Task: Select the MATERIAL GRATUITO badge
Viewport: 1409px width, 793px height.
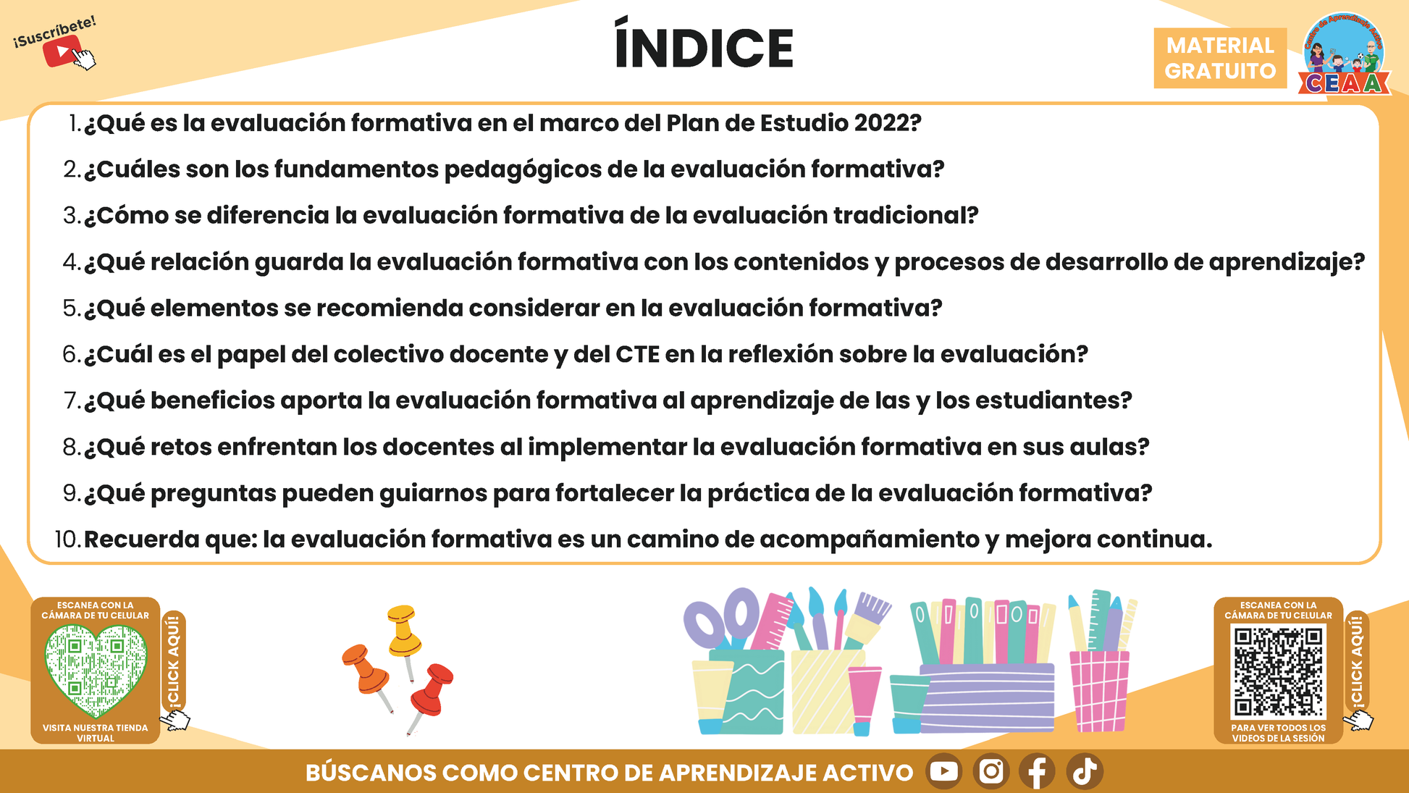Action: tap(1220, 58)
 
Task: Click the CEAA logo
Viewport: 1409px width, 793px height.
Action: tap(1344, 54)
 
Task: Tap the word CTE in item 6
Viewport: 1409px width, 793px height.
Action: tap(637, 354)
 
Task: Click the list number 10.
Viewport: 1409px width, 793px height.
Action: tap(67, 540)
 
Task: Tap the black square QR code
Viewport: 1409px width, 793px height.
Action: tap(1278, 671)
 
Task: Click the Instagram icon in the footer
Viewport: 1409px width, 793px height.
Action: tap(990, 771)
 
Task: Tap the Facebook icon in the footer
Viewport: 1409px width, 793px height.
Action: tap(1037, 771)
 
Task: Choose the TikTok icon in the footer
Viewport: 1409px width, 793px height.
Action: tap(1085, 771)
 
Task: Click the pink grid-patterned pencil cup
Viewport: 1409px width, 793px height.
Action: tap(1099, 691)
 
